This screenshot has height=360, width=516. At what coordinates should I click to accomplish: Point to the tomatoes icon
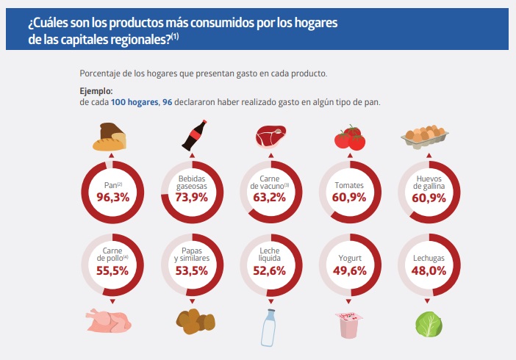click(349, 137)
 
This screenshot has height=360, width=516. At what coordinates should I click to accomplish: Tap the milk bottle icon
click(270, 326)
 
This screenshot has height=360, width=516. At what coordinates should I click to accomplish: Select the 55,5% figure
click(112, 271)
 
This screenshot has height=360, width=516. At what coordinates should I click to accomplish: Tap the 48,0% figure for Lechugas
click(428, 270)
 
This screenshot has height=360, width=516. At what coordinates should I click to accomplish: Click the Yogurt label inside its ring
click(349, 259)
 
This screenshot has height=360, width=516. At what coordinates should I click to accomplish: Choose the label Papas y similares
click(192, 255)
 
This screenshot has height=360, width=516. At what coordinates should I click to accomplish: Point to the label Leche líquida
click(270, 255)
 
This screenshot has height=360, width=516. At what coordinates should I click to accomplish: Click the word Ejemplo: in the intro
click(96, 91)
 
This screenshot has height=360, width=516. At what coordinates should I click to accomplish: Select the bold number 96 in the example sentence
click(167, 102)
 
